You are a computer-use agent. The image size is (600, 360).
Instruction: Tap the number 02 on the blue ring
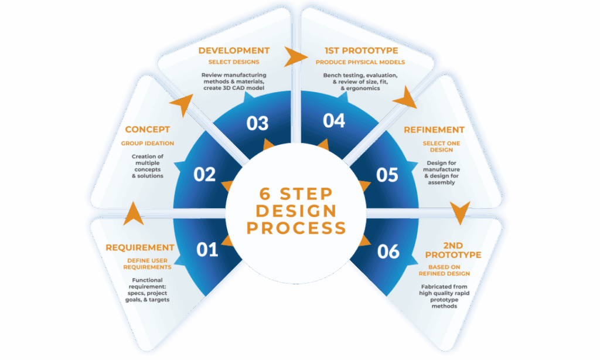tap(204, 175)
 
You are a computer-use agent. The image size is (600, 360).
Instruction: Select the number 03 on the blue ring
tap(257, 123)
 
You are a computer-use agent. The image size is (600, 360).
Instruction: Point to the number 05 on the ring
tap(387, 175)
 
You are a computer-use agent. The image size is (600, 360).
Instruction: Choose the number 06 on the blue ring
tap(388, 252)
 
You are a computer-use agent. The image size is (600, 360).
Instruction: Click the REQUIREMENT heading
tap(140, 248)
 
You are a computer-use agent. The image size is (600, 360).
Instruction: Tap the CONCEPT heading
tap(147, 130)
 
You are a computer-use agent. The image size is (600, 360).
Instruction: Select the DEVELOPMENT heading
tap(234, 51)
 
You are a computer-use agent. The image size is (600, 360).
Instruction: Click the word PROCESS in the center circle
tap(296, 227)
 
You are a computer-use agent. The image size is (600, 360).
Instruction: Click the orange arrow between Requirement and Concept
tap(134, 213)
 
